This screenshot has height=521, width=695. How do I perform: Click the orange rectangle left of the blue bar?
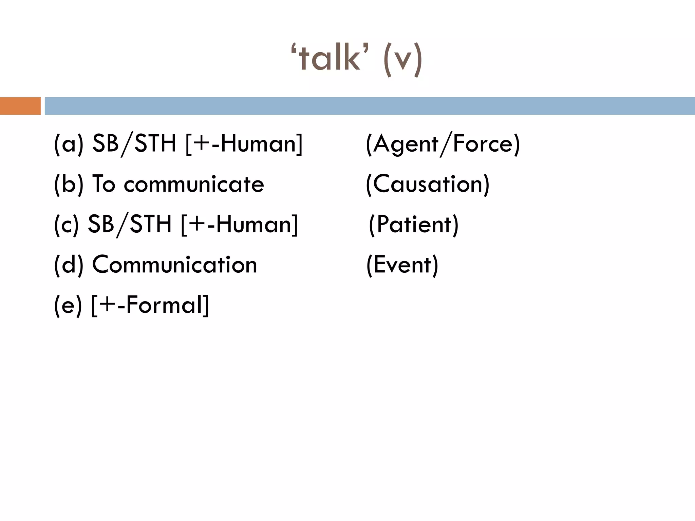tap(20, 106)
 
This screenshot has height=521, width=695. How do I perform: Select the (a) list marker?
tap(69, 144)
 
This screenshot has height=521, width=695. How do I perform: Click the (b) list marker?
tap(69, 184)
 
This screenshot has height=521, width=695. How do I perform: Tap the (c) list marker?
tap(67, 225)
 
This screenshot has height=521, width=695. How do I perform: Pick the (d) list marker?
tap(69, 265)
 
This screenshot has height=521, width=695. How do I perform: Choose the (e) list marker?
tap(68, 305)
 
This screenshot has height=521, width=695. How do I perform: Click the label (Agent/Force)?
tap(443, 144)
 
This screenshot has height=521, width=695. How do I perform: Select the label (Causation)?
tap(428, 184)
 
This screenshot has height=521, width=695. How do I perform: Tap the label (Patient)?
tap(413, 225)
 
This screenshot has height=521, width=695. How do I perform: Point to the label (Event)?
tap(402, 265)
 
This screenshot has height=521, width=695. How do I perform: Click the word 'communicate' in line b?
tap(194, 185)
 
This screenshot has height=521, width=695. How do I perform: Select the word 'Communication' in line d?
tap(174, 265)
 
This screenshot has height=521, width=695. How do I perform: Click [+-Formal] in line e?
tap(150, 305)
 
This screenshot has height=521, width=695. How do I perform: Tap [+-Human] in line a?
tap(244, 144)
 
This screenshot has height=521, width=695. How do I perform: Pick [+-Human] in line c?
tap(239, 225)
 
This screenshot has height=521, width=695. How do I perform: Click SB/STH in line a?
tap(134, 144)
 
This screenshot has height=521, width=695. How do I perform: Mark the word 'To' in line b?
tap(104, 184)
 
